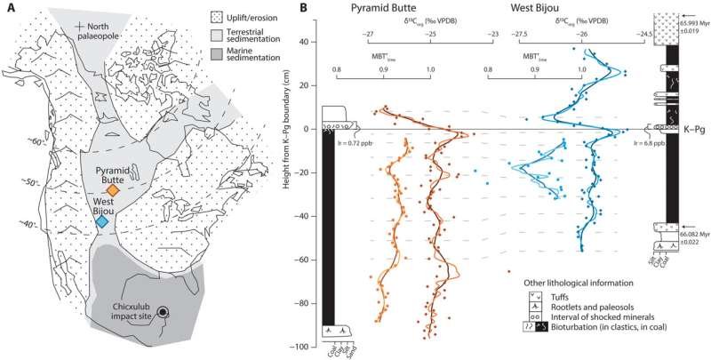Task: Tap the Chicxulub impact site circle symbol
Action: [x=163, y=310]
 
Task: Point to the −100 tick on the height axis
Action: [x=306, y=346]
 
